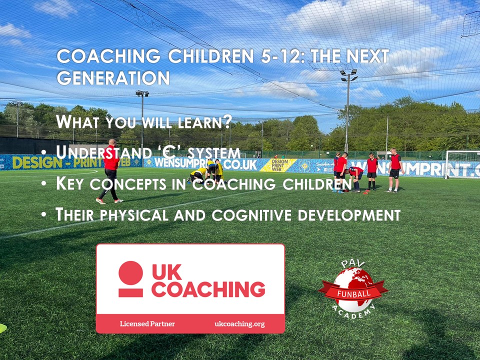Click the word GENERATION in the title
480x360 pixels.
click(113, 78)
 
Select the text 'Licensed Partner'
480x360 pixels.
click(147, 324)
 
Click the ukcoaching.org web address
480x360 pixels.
click(239, 324)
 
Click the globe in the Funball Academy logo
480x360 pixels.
click(353, 285)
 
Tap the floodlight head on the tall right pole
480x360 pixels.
click(348, 74)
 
